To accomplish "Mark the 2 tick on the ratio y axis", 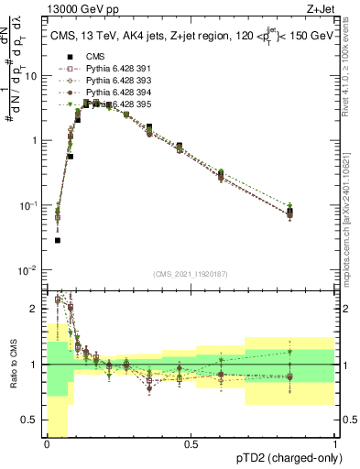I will pos(38,309).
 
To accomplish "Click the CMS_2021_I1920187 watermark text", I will pos(191,272).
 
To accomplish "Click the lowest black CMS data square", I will pos(58,241).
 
